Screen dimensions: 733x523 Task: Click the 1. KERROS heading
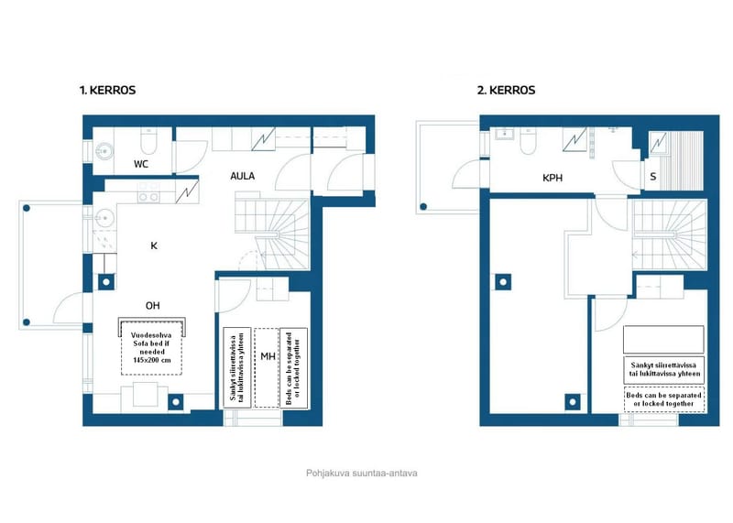[x=107, y=90]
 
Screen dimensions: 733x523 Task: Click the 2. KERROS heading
[x=506, y=90]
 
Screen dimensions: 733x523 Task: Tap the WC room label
[x=141, y=164]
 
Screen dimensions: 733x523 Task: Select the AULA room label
[x=242, y=176]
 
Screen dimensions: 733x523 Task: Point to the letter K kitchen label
[x=154, y=245]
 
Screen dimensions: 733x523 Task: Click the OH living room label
[x=152, y=306]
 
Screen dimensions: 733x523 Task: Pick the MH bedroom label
[x=268, y=356]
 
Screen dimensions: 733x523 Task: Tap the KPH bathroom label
[x=552, y=178]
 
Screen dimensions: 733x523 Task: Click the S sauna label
[x=653, y=177]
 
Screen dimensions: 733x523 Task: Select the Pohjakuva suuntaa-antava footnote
[x=361, y=473]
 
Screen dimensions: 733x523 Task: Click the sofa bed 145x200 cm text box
[x=151, y=348]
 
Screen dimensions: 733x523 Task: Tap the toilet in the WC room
[x=148, y=141]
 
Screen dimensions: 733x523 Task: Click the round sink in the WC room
[x=104, y=151]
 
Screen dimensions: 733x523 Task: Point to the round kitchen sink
[x=104, y=218]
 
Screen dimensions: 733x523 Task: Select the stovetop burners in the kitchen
[x=148, y=193]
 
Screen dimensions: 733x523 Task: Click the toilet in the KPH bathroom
[x=528, y=141]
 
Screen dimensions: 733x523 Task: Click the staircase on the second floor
[x=669, y=234]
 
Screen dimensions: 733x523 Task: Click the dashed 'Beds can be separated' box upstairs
[x=663, y=399]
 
